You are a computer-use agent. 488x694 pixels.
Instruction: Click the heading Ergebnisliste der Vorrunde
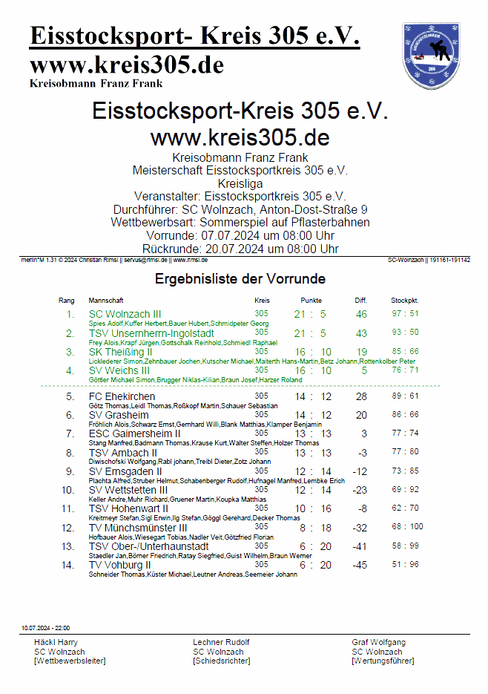click(x=240, y=279)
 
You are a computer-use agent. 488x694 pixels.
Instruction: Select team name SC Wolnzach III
click(x=125, y=314)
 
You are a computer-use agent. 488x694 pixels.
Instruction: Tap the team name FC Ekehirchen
click(x=122, y=396)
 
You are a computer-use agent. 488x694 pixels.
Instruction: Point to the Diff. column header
click(x=360, y=301)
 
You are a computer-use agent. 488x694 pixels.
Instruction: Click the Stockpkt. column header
click(x=404, y=301)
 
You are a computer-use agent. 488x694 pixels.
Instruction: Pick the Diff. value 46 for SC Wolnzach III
click(x=361, y=314)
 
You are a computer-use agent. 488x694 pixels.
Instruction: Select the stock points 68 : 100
click(x=406, y=527)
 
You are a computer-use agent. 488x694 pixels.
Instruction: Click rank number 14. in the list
click(x=68, y=565)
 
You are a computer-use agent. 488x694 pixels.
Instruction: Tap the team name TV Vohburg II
click(x=120, y=565)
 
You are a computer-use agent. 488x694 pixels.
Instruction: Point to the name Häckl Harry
click(x=56, y=642)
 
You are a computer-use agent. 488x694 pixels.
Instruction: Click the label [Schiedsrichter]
click(x=221, y=661)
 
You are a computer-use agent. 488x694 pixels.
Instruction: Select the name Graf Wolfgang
click(x=378, y=642)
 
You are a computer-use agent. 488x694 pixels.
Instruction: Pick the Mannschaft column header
click(x=105, y=301)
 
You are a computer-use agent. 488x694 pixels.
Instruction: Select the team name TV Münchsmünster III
click(x=137, y=528)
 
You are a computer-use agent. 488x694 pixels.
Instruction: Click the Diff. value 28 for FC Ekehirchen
click(x=361, y=396)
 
